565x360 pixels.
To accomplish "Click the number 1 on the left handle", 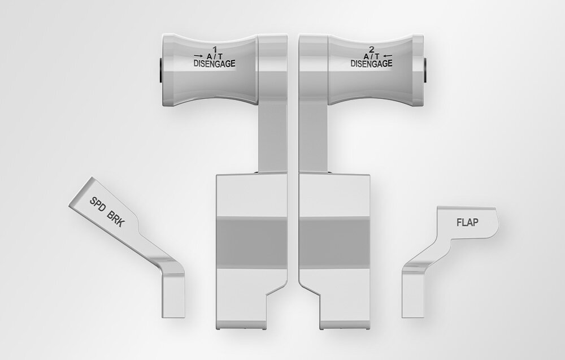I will [214, 49].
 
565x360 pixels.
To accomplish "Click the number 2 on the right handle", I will [371, 49].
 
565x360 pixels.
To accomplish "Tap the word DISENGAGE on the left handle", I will [214, 64].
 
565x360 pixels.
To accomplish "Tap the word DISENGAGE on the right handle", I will [371, 64].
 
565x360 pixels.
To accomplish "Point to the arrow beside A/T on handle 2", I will [387, 56].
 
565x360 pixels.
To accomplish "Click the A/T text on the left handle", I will [214, 57].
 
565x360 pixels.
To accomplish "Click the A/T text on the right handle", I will [371, 57].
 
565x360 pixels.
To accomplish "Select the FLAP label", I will [467, 222].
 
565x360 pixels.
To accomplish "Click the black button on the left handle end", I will [160, 70].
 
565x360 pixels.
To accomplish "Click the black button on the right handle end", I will [425, 70].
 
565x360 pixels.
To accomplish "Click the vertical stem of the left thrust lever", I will [272, 138].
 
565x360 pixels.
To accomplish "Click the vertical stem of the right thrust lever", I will [313, 138].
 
